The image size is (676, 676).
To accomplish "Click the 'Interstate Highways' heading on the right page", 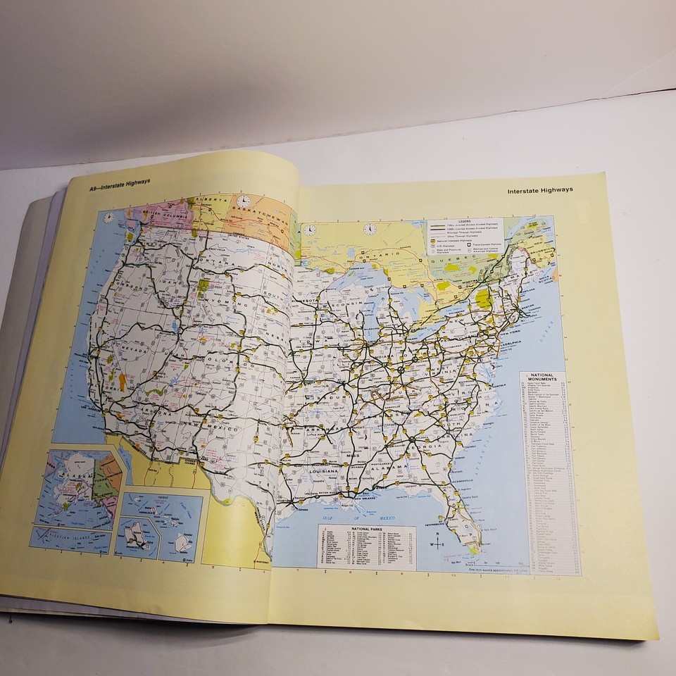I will pos(539,189).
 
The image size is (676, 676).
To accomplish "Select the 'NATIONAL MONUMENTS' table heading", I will pos(546,377).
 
